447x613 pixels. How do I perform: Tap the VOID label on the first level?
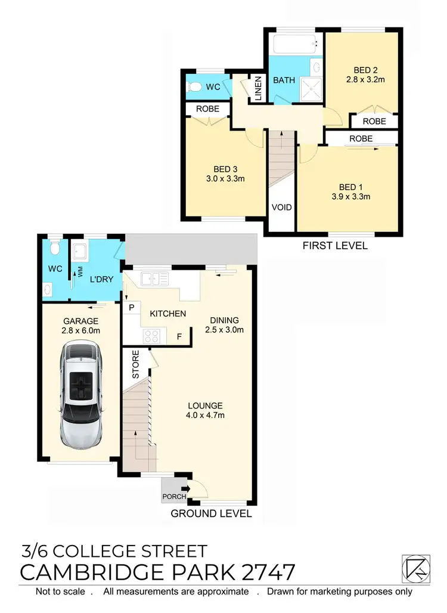[281, 208]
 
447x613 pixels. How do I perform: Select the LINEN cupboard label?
[257, 88]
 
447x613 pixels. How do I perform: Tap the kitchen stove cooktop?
[149, 335]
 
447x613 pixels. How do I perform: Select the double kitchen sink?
[151, 277]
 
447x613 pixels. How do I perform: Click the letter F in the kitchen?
[179, 337]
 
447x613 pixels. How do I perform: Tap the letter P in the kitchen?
[131, 308]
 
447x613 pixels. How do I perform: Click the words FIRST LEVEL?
[335, 245]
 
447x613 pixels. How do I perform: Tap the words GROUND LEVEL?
[212, 513]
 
